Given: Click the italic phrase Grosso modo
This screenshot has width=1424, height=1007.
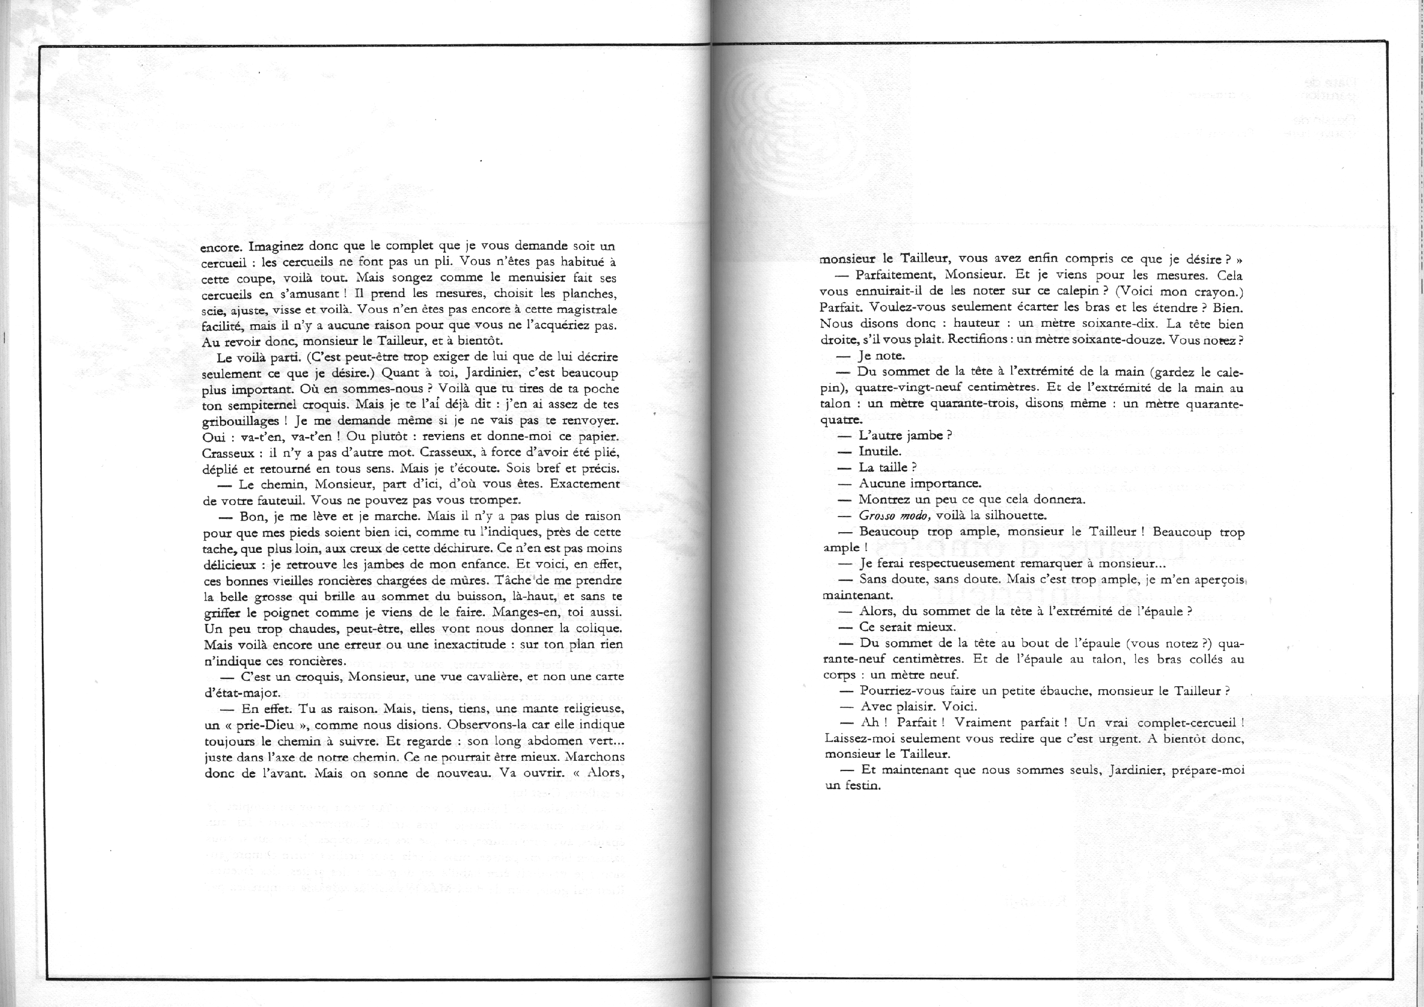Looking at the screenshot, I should click(894, 515).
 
